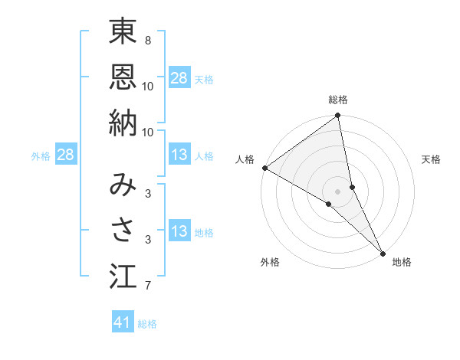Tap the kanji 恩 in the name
(123, 76)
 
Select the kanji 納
(123, 122)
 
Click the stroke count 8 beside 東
(148, 40)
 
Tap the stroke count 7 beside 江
(148, 286)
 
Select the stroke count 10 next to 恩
(148, 86)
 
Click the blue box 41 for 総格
(123, 323)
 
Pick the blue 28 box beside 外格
(65, 155)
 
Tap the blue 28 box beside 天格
(179, 78)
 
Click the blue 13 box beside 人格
(179, 155)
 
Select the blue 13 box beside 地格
(179, 231)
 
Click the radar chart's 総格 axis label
(338, 100)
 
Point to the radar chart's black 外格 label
(270, 262)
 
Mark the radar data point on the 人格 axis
(264, 168)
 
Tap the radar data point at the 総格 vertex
(338, 116)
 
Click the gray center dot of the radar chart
(338, 191)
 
